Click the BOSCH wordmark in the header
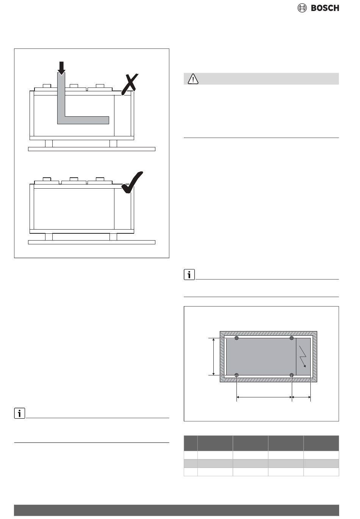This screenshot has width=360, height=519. pos(325,8)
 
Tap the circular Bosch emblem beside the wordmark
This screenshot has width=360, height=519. pos(302,8)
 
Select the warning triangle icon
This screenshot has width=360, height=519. pos(193,79)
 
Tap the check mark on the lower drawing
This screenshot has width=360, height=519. pos(131,183)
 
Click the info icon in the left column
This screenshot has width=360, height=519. pos(19,413)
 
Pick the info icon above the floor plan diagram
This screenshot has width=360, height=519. pos(189,275)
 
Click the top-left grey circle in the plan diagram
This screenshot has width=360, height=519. pos(237,338)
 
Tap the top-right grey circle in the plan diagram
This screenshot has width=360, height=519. pos(292,338)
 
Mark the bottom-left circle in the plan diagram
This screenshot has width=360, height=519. pos(237,375)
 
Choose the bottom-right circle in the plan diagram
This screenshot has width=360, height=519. pos(292,375)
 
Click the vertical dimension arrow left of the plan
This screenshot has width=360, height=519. pos(214,356)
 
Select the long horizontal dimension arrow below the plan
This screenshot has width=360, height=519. pos(264,397)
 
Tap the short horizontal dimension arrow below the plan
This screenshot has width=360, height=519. pos(301,397)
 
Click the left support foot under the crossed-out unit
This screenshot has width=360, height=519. pos(49,144)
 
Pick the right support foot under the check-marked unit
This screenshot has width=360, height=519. pos(113,237)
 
